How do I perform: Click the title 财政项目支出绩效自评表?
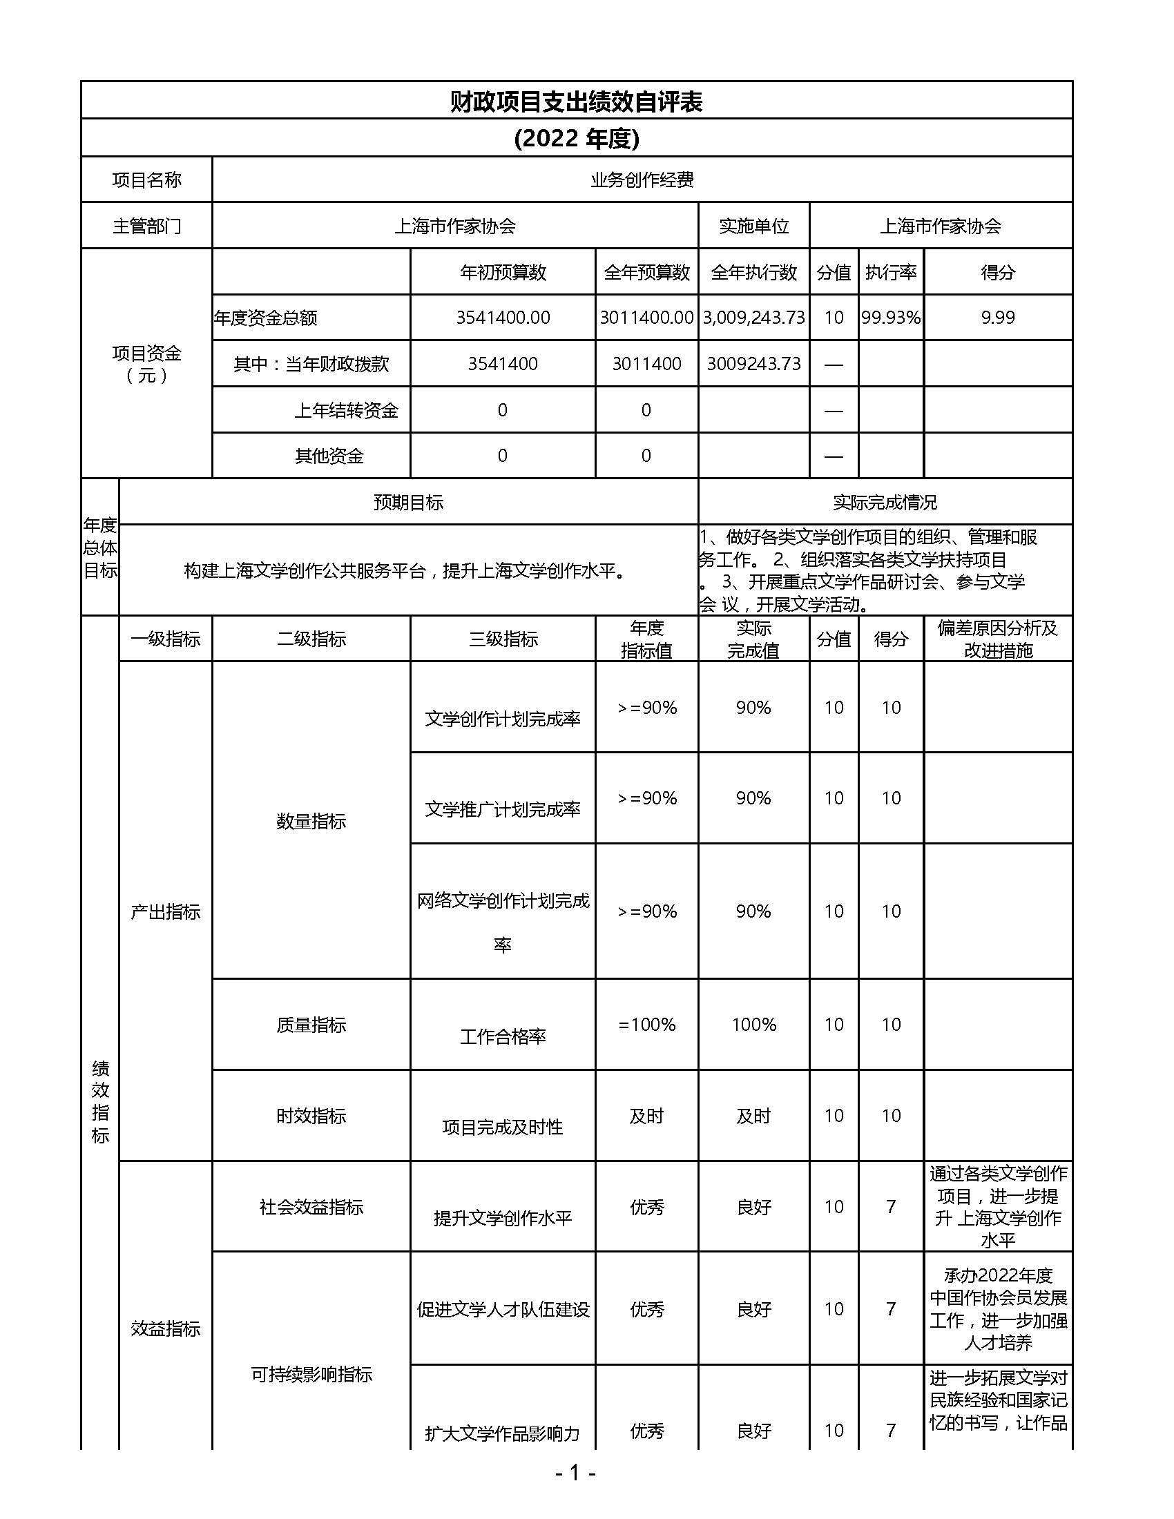[x=576, y=101]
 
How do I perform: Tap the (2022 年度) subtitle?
[x=577, y=138]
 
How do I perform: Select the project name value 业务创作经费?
[x=642, y=180]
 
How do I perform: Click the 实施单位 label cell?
[x=754, y=226]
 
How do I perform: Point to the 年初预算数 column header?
[x=503, y=272]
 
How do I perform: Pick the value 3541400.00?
[x=503, y=318]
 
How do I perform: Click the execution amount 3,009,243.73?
[x=754, y=318]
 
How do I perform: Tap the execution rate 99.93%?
[x=891, y=318]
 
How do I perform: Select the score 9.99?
[x=998, y=318]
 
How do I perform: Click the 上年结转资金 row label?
[x=346, y=410]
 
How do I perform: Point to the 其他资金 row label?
[x=329, y=456]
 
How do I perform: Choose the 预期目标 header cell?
[x=408, y=502]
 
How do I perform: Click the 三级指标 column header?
[x=503, y=639]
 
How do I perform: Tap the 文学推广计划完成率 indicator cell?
[x=503, y=809]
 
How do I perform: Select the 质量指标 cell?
[x=311, y=1025]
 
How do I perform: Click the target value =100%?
[x=647, y=1025]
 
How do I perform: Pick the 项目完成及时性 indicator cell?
[x=503, y=1127]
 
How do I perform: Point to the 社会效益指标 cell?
[x=311, y=1207]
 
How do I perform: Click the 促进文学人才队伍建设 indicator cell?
[x=503, y=1310]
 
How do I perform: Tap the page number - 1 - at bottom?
[x=575, y=1472]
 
